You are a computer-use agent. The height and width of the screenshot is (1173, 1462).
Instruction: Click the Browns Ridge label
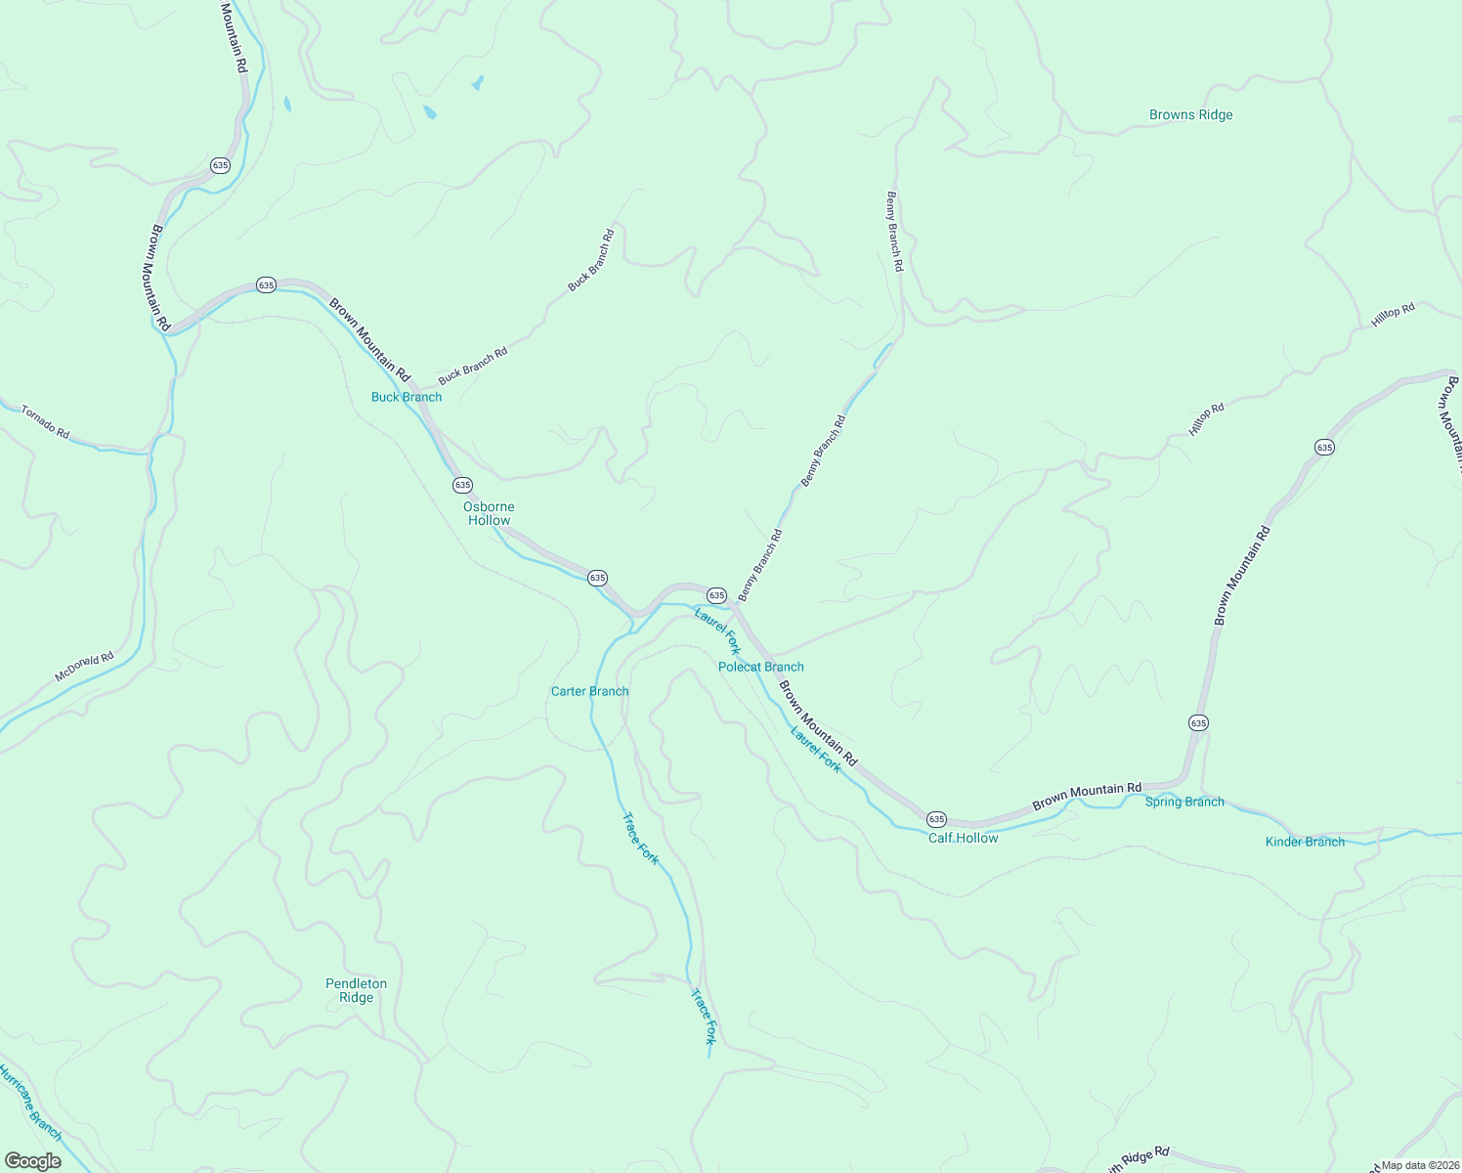tap(1190, 115)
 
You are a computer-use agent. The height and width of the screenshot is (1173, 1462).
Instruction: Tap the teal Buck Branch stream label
tap(407, 397)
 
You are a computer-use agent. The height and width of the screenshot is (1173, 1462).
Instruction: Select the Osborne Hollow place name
tap(489, 513)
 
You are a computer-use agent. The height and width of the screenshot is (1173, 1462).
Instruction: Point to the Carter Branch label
tap(589, 691)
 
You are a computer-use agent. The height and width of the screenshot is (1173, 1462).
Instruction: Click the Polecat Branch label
tap(760, 667)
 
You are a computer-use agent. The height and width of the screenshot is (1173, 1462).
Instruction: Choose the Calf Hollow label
tap(963, 838)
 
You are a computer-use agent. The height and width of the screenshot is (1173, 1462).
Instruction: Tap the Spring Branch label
tap(1184, 802)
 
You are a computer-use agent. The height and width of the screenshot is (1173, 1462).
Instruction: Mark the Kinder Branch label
tap(1305, 842)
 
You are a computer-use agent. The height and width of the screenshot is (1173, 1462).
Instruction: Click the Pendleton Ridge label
tap(356, 990)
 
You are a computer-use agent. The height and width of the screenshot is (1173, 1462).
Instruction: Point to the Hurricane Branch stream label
tap(29, 1103)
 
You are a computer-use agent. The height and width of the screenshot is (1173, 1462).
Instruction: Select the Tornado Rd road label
tap(46, 421)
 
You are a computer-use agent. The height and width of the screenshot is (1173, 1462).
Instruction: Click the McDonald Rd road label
tap(84, 667)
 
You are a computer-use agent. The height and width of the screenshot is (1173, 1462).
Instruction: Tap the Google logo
tap(32, 1161)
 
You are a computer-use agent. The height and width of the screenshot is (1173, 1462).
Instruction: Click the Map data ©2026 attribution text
tap(1420, 1165)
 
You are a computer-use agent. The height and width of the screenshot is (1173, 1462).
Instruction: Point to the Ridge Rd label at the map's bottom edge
tap(1139, 1160)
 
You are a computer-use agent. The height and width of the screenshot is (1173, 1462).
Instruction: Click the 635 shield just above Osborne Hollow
tap(462, 485)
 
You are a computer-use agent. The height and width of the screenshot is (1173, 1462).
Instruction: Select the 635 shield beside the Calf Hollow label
tap(936, 818)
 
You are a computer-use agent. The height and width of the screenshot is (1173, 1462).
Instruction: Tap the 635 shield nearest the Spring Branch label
tap(1198, 722)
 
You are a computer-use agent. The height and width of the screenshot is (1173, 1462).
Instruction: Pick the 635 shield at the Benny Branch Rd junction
tap(716, 595)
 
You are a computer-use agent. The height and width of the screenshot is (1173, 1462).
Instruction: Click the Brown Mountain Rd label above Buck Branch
tap(368, 339)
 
